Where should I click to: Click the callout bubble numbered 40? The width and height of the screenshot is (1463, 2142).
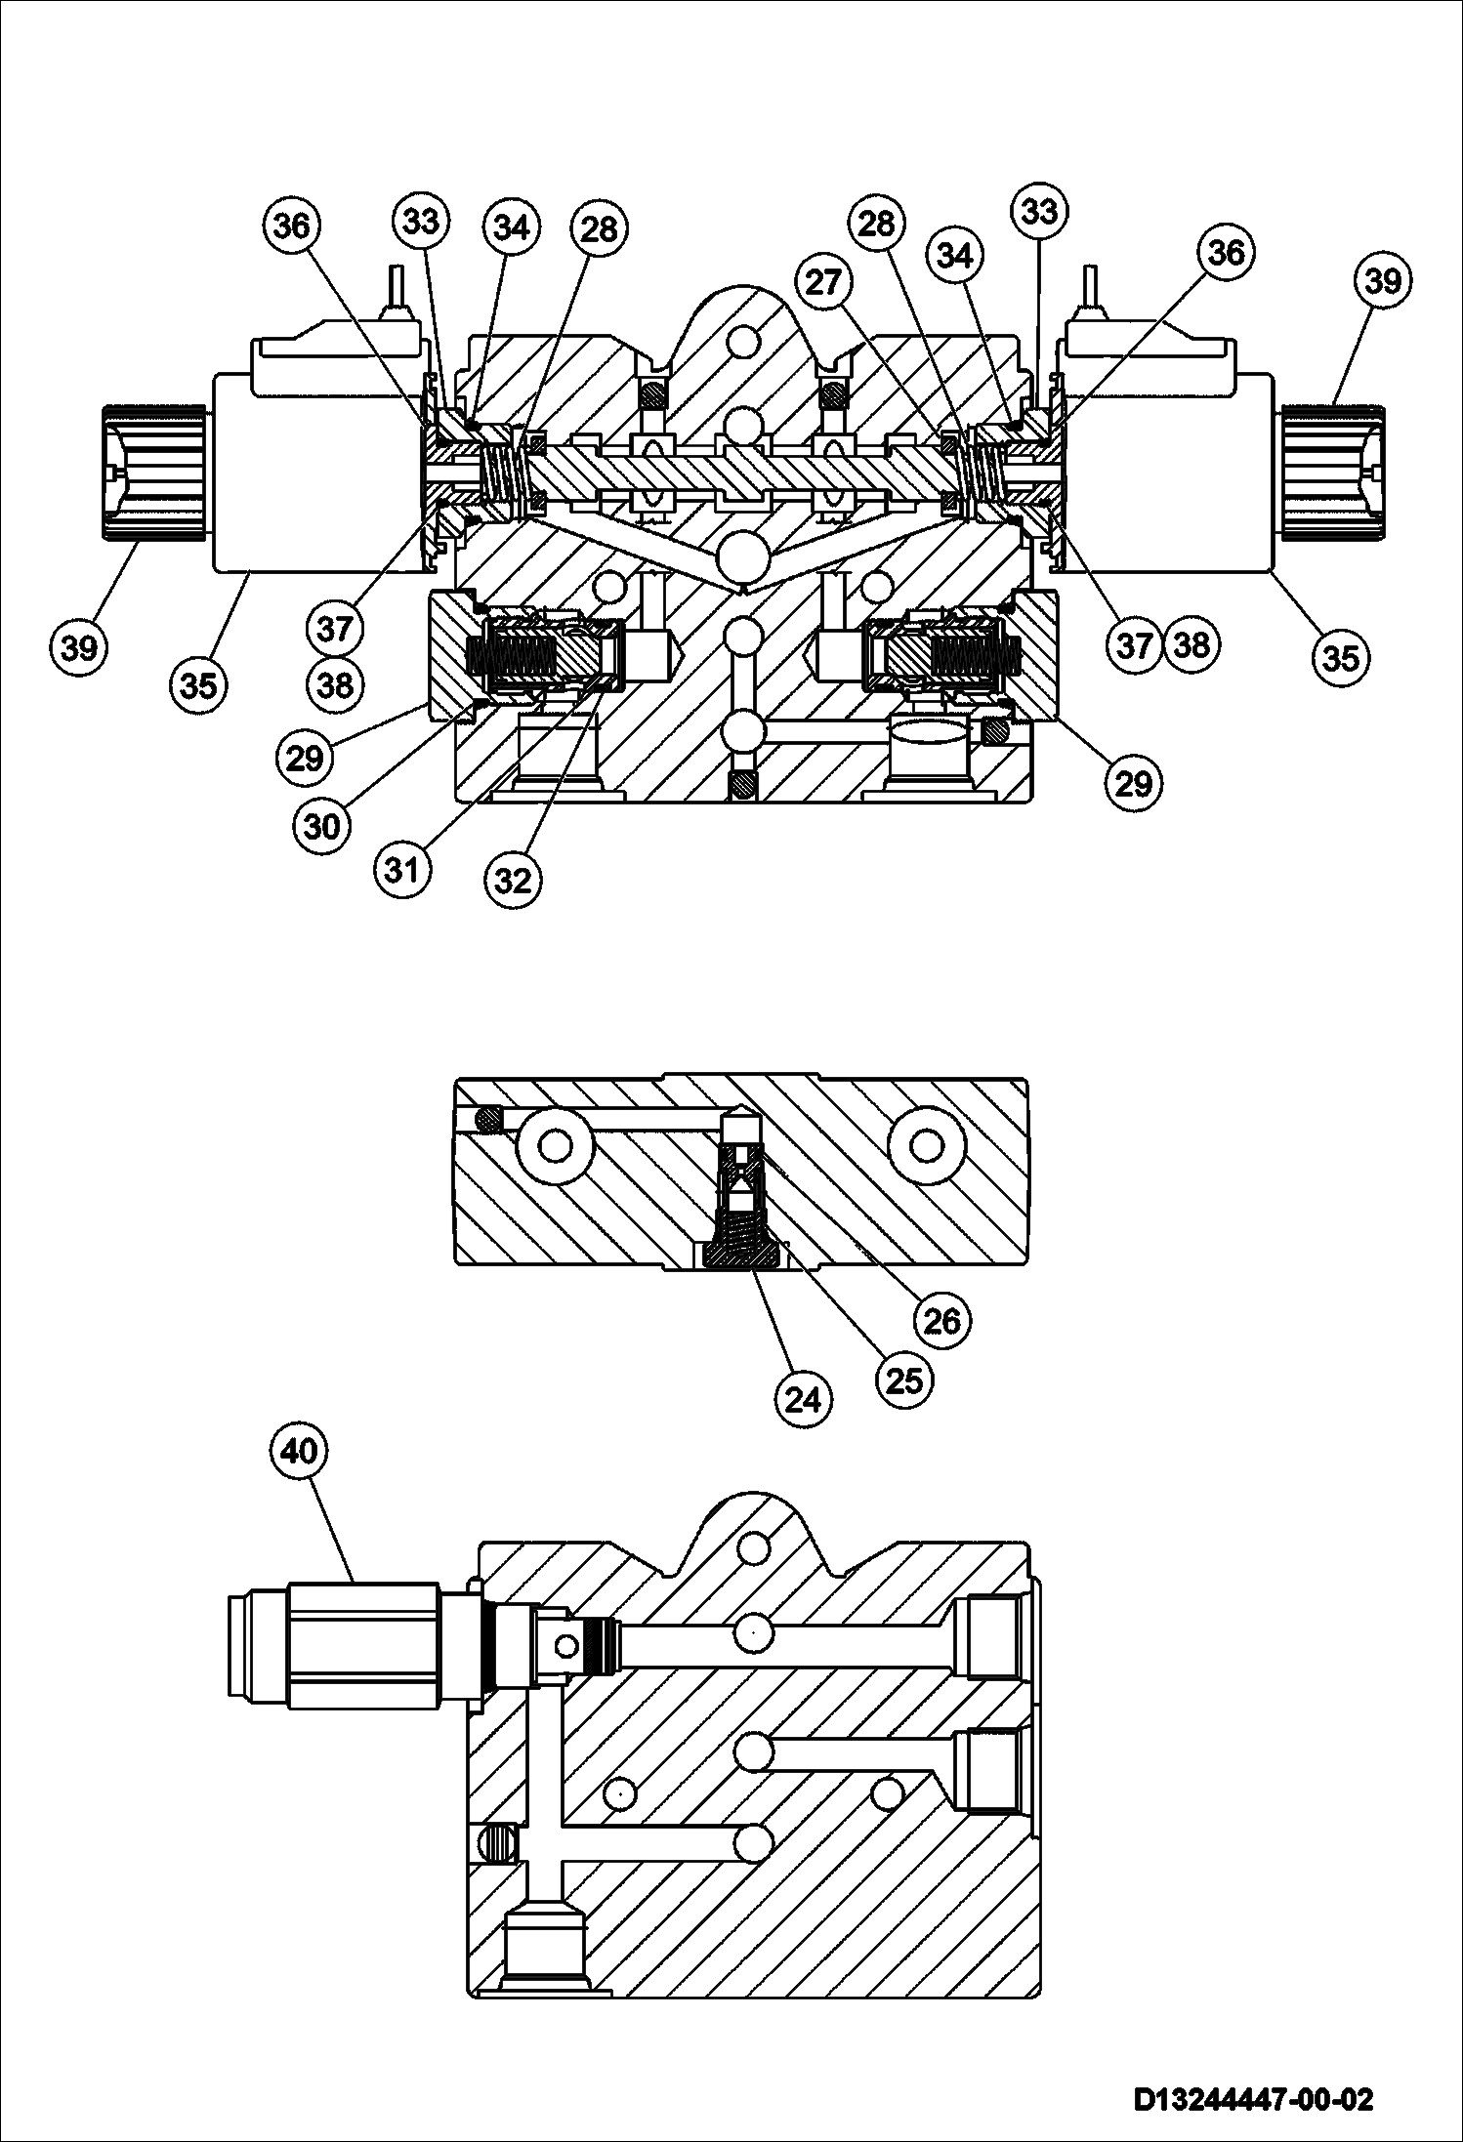pos(299,1452)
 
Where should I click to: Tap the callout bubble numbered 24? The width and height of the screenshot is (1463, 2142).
pos(803,1400)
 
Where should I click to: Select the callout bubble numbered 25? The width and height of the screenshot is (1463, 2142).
pos(904,1380)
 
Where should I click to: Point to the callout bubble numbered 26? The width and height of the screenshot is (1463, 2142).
pos(942,1320)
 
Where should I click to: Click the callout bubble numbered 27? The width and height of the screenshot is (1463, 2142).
pos(823,283)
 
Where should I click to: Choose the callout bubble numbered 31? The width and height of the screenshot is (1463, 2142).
pos(401,869)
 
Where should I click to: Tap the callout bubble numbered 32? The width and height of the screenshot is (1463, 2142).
pos(513,881)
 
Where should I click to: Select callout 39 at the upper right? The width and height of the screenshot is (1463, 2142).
pos(1383,282)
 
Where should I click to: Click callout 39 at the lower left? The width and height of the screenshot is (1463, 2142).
pos(80,646)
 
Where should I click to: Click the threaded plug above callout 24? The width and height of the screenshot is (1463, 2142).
pos(747,1256)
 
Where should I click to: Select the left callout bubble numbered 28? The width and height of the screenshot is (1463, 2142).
pos(600,228)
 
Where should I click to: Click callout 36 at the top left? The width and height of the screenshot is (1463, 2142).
pos(291,227)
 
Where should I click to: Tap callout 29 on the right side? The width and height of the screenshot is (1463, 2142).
pos(1133,781)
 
